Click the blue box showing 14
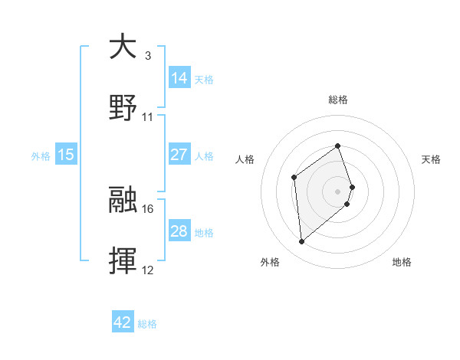pos(179,77)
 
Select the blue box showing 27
pos(179,154)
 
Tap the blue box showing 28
pos(179,231)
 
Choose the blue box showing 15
pos(66,154)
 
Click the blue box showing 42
pos(123,322)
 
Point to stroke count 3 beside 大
pos(148,55)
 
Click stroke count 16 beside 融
pos(148,208)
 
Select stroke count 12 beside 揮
pos(148,270)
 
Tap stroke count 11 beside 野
pos(148,117)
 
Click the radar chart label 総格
pos(338,100)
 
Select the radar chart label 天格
pos(432,159)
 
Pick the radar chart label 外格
pos(270,262)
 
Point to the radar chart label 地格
pos(402,262)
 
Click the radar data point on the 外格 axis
pos(302,241)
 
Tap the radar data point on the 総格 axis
pos(338,146)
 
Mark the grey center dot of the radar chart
pos(338,190)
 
